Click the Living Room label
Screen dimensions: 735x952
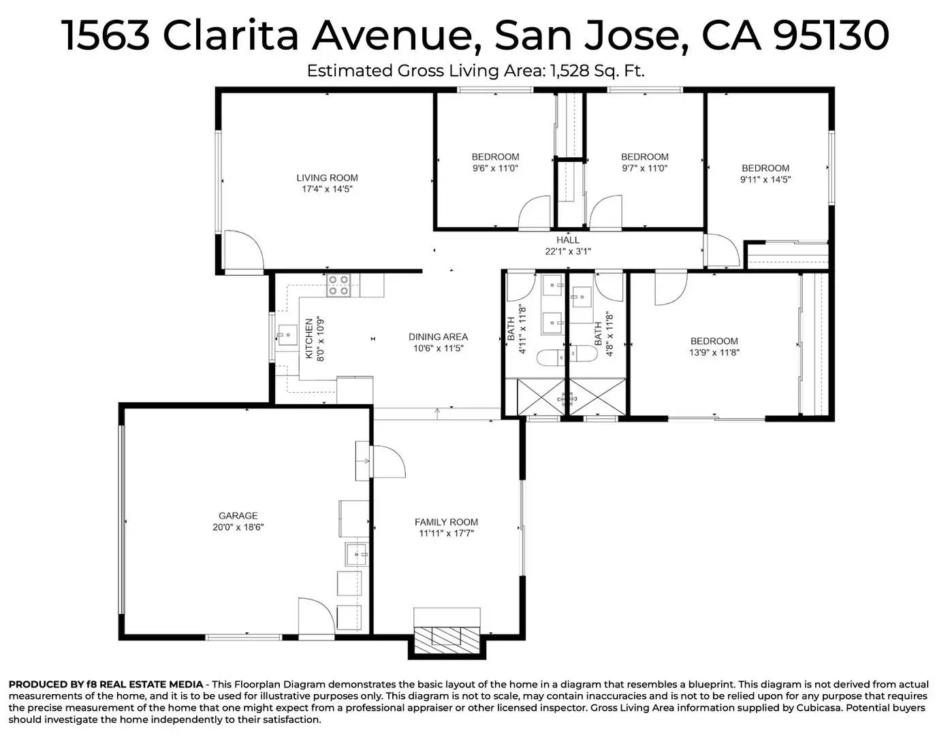pos(327,178)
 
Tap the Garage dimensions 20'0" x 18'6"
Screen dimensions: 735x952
pos(238,527)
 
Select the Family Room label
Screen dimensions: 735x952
pos(446,522)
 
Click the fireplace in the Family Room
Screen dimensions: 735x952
pos(447,636)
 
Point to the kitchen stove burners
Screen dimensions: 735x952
pos(338,284)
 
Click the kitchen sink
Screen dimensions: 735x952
pos(287,335)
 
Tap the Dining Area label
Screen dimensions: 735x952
pos(438,337)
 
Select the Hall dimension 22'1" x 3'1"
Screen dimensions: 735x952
pos(568,251)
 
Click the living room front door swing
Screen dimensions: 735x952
pos(244,251)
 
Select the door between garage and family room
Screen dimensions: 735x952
pos(386,461)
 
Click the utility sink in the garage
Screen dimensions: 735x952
pos(356,555)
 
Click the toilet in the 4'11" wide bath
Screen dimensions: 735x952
pos(549,356)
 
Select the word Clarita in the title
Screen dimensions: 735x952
pos(230,35)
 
